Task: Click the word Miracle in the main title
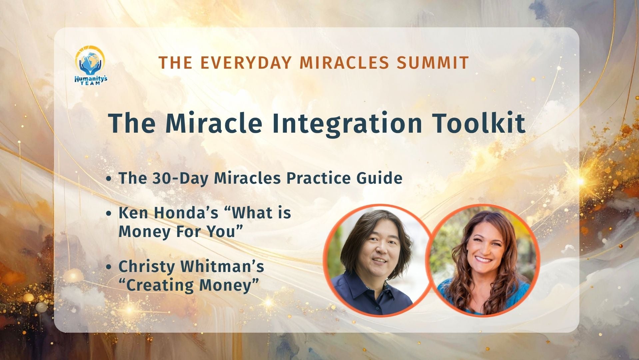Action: (213, 124)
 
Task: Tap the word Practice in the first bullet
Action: (319, 178)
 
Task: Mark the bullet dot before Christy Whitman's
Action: (108, 267)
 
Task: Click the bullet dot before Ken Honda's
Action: (108, 214)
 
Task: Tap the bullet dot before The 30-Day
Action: (108, 179)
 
